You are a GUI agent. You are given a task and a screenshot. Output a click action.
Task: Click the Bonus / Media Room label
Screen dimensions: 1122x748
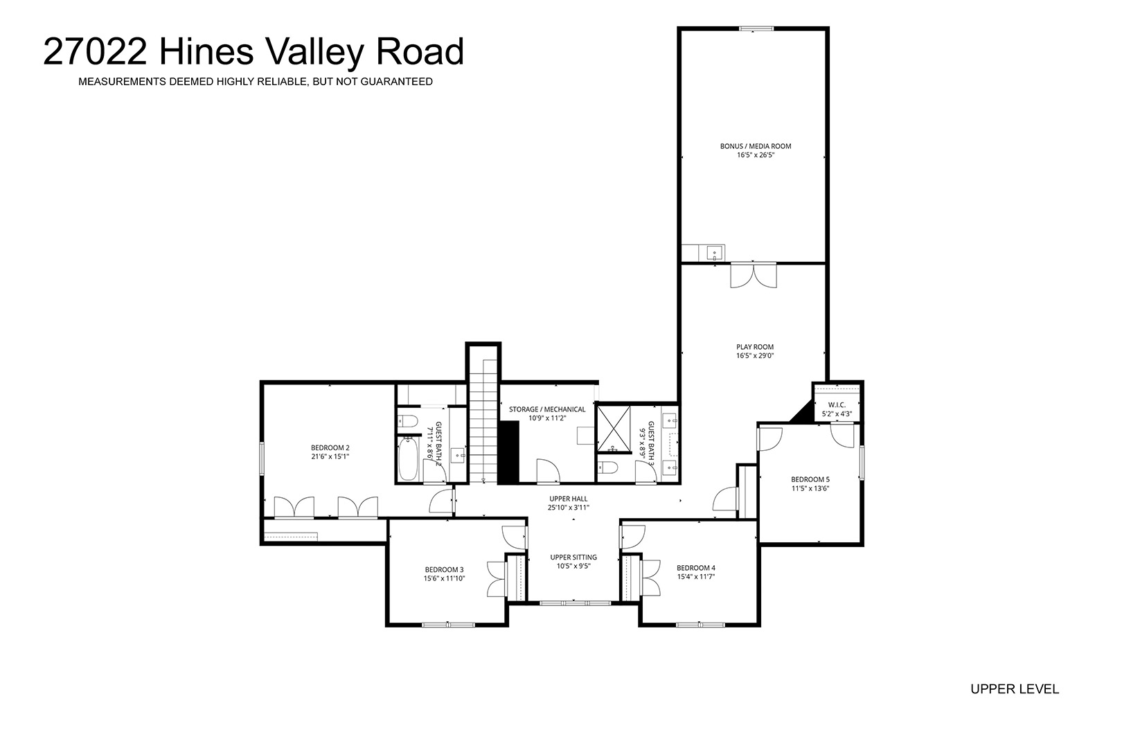[756, 146]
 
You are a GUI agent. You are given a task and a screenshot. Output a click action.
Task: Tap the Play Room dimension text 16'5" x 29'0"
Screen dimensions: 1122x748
[755, 356]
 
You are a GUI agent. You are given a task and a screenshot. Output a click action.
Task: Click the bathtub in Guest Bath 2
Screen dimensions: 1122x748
[408, 459]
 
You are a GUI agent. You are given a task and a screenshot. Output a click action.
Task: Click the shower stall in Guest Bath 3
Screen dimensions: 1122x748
[613, 429]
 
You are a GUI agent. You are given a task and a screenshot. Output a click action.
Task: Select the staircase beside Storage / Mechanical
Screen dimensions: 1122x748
[483, 421]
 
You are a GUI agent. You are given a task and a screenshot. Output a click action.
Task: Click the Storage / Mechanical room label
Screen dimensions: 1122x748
[547, 409]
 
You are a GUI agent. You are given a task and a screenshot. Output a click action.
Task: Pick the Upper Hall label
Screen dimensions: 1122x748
[568, 499]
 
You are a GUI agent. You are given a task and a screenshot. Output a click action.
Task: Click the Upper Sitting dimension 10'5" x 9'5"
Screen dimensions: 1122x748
[573, 566]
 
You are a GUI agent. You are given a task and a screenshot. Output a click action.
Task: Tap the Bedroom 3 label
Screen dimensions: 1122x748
[444, 569]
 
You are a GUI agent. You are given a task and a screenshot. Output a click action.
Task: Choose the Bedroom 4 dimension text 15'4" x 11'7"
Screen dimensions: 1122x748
[696, 577]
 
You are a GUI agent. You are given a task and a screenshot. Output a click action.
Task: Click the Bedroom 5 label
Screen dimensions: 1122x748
[810, 479]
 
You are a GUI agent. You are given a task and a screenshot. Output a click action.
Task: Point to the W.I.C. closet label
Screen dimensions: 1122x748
[837, 404]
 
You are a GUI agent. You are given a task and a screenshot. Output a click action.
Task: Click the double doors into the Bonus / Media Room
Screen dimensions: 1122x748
[754, 275]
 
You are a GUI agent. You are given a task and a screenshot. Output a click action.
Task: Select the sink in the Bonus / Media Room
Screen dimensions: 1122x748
[715, 253]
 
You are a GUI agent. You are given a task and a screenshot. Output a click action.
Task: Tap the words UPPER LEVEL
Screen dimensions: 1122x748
[1015, 689]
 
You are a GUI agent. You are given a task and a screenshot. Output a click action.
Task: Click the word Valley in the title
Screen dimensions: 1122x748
[314, 53]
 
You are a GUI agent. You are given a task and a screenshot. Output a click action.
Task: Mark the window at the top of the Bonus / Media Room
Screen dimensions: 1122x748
[756, 29]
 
